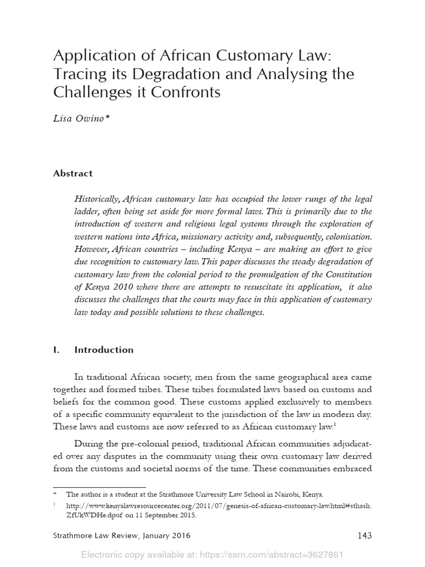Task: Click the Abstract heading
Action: click(72, 173)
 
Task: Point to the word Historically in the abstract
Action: click(97, 199)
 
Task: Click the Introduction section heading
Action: click(104, 350)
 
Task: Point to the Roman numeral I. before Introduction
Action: click(56, 350)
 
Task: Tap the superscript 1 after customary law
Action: click(335, 424)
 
